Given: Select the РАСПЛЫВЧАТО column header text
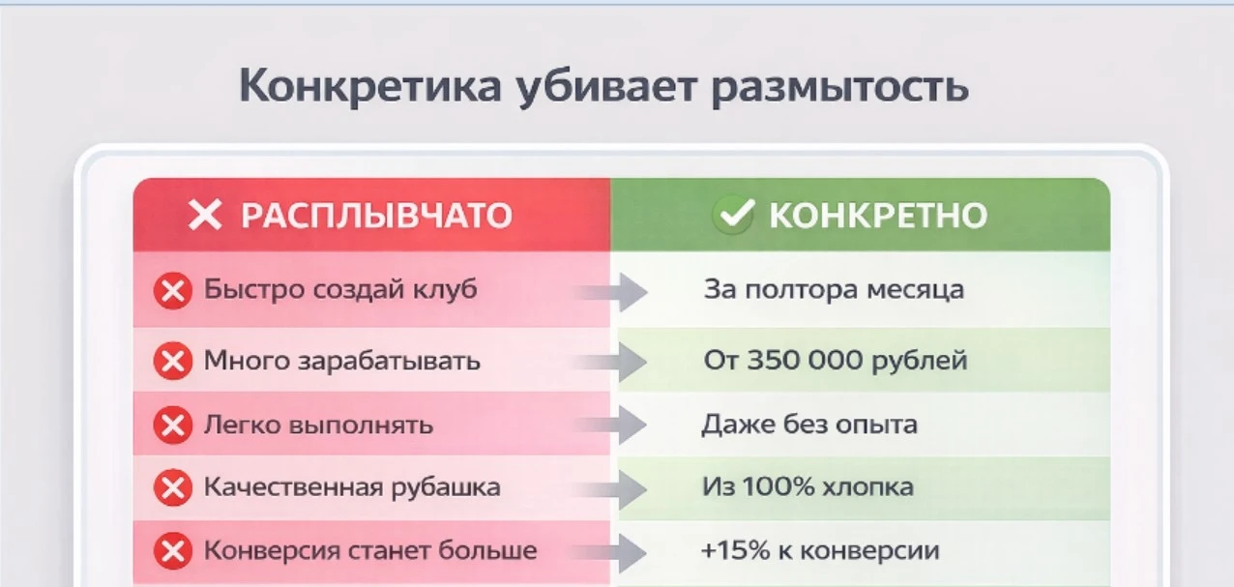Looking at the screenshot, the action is (x=377, y=216).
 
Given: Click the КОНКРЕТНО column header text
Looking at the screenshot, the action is (x=878, y=216).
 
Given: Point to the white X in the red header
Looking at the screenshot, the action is (x=205, y=215).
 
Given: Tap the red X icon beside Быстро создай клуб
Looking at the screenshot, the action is (x=173, y=290).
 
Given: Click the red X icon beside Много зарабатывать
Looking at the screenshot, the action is (x=173, y=362).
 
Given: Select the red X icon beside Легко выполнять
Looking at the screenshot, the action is (x=173, y=426).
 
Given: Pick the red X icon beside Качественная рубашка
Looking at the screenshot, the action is (x=173, y=488).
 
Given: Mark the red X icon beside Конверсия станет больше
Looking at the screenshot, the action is (x=173, y=551).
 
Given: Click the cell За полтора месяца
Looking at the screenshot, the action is (x=834, y=290).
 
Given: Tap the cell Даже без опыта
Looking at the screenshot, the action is (x=809, y=425).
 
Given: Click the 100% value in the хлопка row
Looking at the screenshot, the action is (x=779, y=486).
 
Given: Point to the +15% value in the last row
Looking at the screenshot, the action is (x=735, y=550).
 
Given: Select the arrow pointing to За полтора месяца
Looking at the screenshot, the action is (x=611, y=292).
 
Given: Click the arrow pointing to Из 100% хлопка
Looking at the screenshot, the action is (x=610, y=489).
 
